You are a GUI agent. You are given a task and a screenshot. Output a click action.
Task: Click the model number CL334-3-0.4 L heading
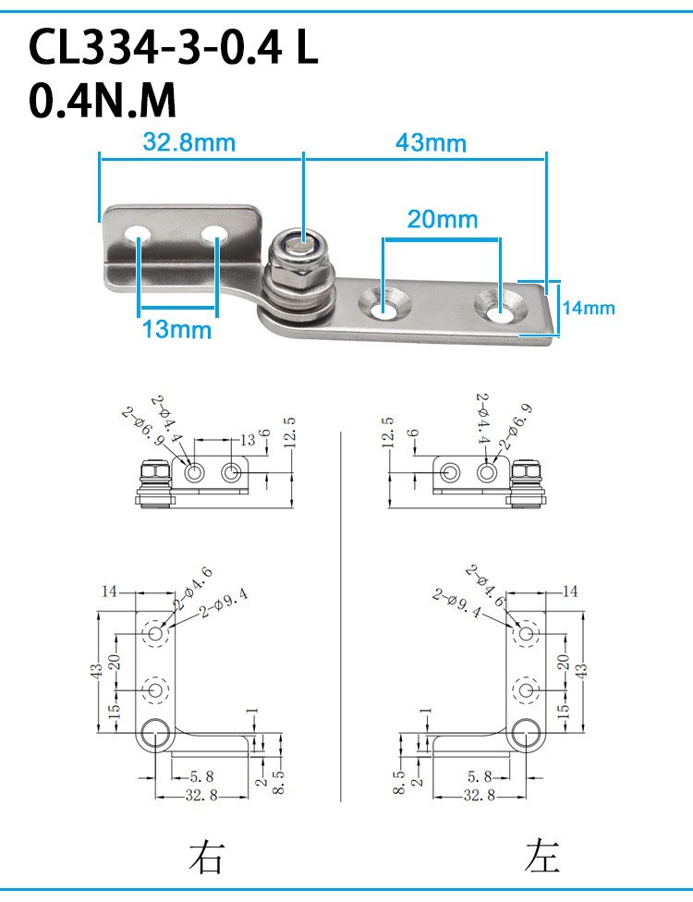pyautogui.click(x=173, y=47)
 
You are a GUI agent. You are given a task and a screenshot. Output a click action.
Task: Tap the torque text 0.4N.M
pyautogui.click(x=102, y=100)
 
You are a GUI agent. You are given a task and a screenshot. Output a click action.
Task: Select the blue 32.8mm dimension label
pyautogui.click(x=189, y=142)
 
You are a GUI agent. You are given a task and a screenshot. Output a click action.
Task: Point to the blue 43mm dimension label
pyautogui.click(x=431, y=142)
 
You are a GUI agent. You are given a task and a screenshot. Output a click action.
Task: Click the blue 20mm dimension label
pyautogui.click(x=443, y=219)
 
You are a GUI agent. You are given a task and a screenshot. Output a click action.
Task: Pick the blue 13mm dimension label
pyautogui.click(x=176, y=330)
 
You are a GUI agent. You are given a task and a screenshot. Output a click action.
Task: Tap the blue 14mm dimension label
pyautogui.click(x=589, y=308)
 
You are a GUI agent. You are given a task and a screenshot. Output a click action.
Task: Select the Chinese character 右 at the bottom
pyautogui.click(x=205, y=856)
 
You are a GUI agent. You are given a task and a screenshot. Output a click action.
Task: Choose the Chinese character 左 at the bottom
pyautogui.click(x=541, y=856)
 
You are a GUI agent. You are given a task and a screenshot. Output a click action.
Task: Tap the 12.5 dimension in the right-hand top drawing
pyautogui.click(x=388, y=433)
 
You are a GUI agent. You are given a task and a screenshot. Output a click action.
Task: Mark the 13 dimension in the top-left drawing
pyautogui.click(x=248, y=440)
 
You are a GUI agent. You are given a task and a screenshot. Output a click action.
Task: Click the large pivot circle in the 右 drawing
pyautogui.click(x=154, y=734)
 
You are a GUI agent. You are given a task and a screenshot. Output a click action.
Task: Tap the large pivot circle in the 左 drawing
pyautogui.click(x=525, y=734)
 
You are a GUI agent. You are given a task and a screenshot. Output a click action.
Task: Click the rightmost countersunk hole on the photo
pyautogui.click(x=500, y=306)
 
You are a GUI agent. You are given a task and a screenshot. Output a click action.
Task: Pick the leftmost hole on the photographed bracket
pyautogui.click(x=138, y=234)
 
